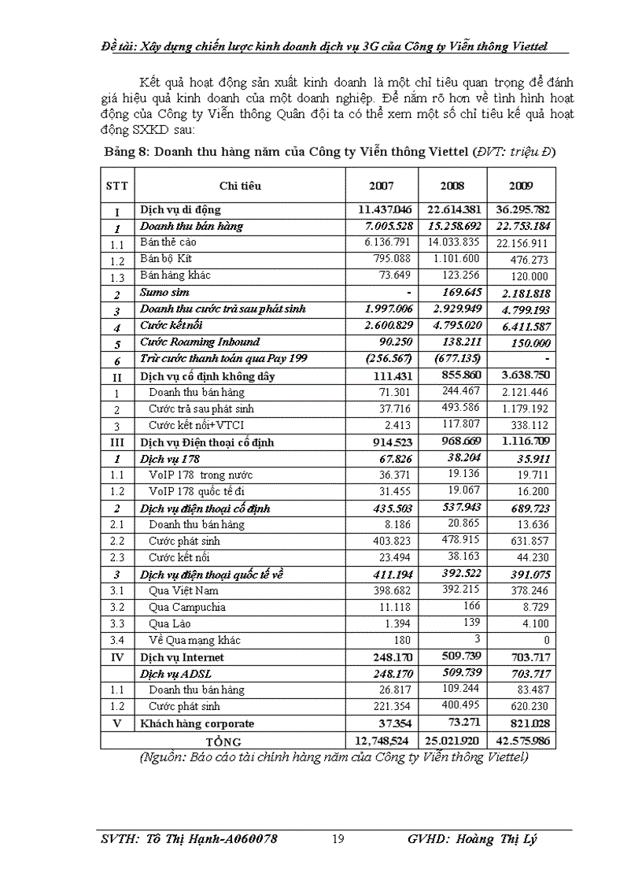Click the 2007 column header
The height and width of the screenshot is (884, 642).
pyautogui.click(x=382, y=186)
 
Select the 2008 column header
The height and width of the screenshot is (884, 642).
pyautogui.click(x=452, y=186)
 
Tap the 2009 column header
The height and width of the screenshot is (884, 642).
pyautogui.click(x=521, y=186)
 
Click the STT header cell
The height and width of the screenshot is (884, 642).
pyautogui.click(x=117, y=186)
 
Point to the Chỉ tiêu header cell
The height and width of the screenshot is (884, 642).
pyautogui.click(x=240, y=186)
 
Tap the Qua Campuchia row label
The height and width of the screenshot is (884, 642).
pyautogui.click(x=187, y=607)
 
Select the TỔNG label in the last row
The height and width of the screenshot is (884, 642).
pyautogui.click(x=223, y=742)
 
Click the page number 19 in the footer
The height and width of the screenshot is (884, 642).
pyautogui.click(x=338, y=839)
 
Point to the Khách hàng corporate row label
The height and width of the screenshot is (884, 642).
pyautogui.click(x=197, y=723)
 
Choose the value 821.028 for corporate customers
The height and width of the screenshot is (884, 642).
pyautogui.click(x=529, y=723)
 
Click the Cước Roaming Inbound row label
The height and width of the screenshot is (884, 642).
pyautogui.click(x=199, y=342)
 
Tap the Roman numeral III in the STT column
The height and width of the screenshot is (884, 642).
pyautogui.click(x=117, y=442)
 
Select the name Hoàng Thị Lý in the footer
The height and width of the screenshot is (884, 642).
pyautogui.click(x=495, y=839)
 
